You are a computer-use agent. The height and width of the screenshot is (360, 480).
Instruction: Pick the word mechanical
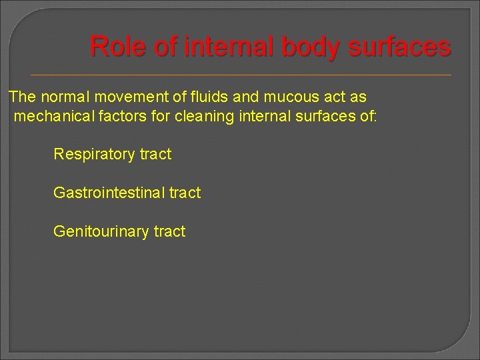pyautogui.click(x=49, y=117)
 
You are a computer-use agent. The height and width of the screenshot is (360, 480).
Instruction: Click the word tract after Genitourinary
pyautogui.click(x=169, y=232)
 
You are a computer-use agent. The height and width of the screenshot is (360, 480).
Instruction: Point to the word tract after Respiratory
pyautogui.click(x=155, y=155)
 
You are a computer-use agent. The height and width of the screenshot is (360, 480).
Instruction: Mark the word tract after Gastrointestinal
pyautogui.click(x=185, y=193)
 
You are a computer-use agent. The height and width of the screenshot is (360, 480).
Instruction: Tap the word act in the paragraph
pyautogui.click(x=335, y=97)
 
